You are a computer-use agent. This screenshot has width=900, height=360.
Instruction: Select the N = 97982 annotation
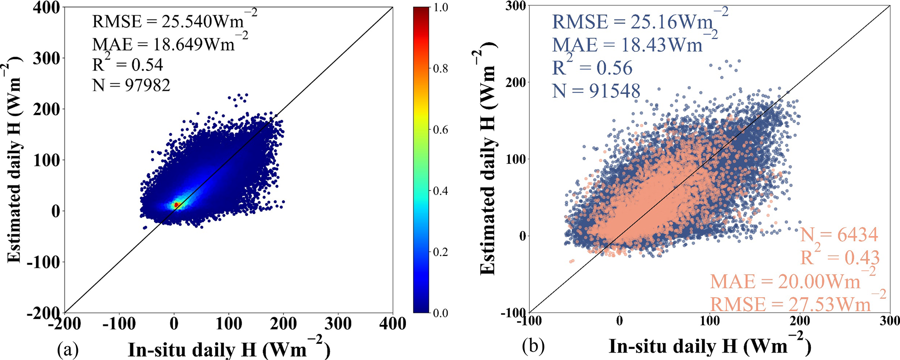pyautogui.click(x=131, y=85)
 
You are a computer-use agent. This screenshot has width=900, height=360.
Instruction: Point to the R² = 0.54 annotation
pyautogui.click(x=128, y=64)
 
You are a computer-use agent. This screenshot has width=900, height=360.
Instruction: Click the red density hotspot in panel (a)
pyautogui.click(x=176, y=204)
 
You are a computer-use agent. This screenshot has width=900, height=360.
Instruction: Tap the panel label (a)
pyautogui.click(x=67, y=350)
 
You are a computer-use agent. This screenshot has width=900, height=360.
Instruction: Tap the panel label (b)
pyautogui.click(x=533, y=346)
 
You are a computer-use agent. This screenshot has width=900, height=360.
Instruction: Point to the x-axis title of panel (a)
pyautogui.click(x=229, y=350)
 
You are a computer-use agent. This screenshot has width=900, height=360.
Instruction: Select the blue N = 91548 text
pyautogui.click(x=596, y=91)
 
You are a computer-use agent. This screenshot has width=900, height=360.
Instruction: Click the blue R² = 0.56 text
pyautogui.click(x=592, y=68)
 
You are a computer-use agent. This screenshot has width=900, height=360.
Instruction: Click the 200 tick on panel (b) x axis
pyautogui.click(x=800, y=322)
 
